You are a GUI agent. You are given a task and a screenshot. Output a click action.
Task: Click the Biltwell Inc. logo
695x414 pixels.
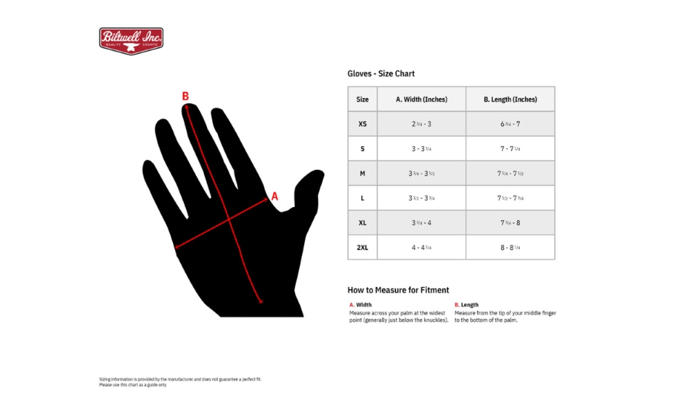click(131, 41)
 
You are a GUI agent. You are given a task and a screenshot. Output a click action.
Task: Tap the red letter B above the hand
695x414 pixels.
click(185, 97)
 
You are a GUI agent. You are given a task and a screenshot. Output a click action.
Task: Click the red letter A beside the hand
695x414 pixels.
click(274, 197)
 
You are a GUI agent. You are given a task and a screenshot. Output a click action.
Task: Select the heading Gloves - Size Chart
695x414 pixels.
click(381, 74)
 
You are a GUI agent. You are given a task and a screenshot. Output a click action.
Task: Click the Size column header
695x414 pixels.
click(362, 99)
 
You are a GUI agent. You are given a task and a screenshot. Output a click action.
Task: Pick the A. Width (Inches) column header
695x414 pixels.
click(421, 99)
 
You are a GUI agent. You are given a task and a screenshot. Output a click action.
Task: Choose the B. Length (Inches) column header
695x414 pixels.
click(510, 99)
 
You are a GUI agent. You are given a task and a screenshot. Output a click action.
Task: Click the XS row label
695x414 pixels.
click(362, 124)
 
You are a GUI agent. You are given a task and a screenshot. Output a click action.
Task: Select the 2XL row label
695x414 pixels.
click(362, 247)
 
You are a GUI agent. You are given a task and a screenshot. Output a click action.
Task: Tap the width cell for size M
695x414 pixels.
click(421, 173)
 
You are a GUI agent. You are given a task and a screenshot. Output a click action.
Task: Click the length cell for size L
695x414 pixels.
click(510, 198)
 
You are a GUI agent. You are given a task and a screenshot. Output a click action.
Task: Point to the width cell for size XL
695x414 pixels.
click(421, 223)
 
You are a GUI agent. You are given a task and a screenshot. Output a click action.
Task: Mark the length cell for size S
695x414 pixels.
click(510, 149)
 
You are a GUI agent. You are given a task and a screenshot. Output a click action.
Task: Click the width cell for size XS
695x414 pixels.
click(421, 124)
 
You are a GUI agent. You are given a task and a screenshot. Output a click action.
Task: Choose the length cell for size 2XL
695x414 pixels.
click(510, 247)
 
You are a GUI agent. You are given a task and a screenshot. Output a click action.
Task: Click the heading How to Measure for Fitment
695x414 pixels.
click(398, 290)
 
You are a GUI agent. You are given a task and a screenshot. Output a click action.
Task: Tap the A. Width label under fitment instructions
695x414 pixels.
click(361, 305)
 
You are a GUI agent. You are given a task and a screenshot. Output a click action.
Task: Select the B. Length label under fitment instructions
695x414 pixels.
click(467, 305)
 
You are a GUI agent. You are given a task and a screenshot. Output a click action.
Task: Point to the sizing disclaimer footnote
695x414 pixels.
click(180, 382)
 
